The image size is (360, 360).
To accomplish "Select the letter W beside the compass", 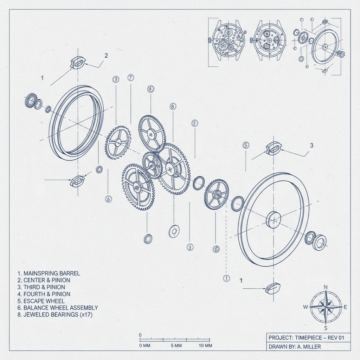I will click(306, 307).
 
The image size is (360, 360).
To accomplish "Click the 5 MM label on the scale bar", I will click(176, 346).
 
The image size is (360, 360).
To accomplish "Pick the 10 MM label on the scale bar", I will click(205, 346).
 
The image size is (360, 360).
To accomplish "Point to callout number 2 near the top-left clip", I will click(106, 56).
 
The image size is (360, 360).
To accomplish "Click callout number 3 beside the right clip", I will click(311, 145).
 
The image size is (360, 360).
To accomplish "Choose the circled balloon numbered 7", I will click(130, 77).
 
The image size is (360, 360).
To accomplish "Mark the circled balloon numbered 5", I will click(246, 145).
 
